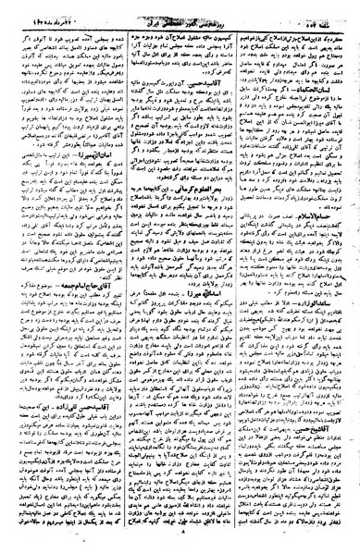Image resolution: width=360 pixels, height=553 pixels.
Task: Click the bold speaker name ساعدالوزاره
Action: point(335,340)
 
